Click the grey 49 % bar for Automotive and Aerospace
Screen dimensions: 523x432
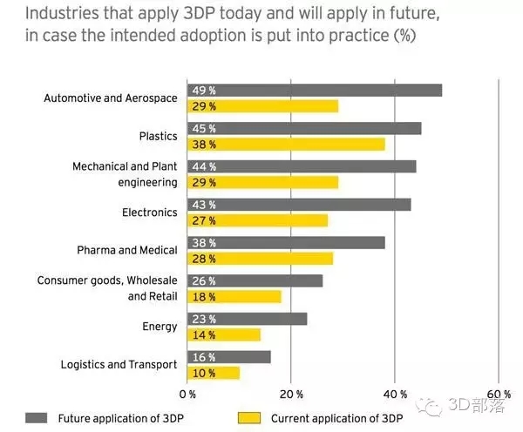pos(315,91)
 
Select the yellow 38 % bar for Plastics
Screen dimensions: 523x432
pos(286,145)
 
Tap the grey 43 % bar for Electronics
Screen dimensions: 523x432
pos(299,205)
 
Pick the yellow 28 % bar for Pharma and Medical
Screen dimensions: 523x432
pos(260,259)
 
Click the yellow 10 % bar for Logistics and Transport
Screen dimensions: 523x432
pos(214,373)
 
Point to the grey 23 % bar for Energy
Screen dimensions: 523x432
pos(248,319)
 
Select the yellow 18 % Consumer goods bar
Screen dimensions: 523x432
pos(234,297)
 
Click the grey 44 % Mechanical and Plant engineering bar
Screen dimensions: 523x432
pos(302,166)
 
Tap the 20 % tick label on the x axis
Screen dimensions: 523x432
pos(291,395)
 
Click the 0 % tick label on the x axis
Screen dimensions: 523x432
pos(187,395)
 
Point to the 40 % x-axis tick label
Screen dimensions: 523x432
pos(395,395)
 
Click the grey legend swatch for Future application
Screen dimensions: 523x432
pos(37,418)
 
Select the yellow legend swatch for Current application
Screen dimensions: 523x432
pos(249,418)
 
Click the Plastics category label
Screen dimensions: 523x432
pos(158,136)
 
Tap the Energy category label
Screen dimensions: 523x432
pos(160,327)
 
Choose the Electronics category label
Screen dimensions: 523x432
pos(150,213)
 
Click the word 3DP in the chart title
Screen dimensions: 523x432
pos(199,13)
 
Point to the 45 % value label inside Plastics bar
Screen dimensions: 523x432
pos(204,129)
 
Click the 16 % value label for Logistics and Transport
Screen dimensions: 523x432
pos(204,357)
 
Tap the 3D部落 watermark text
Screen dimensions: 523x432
pos(477,405)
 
